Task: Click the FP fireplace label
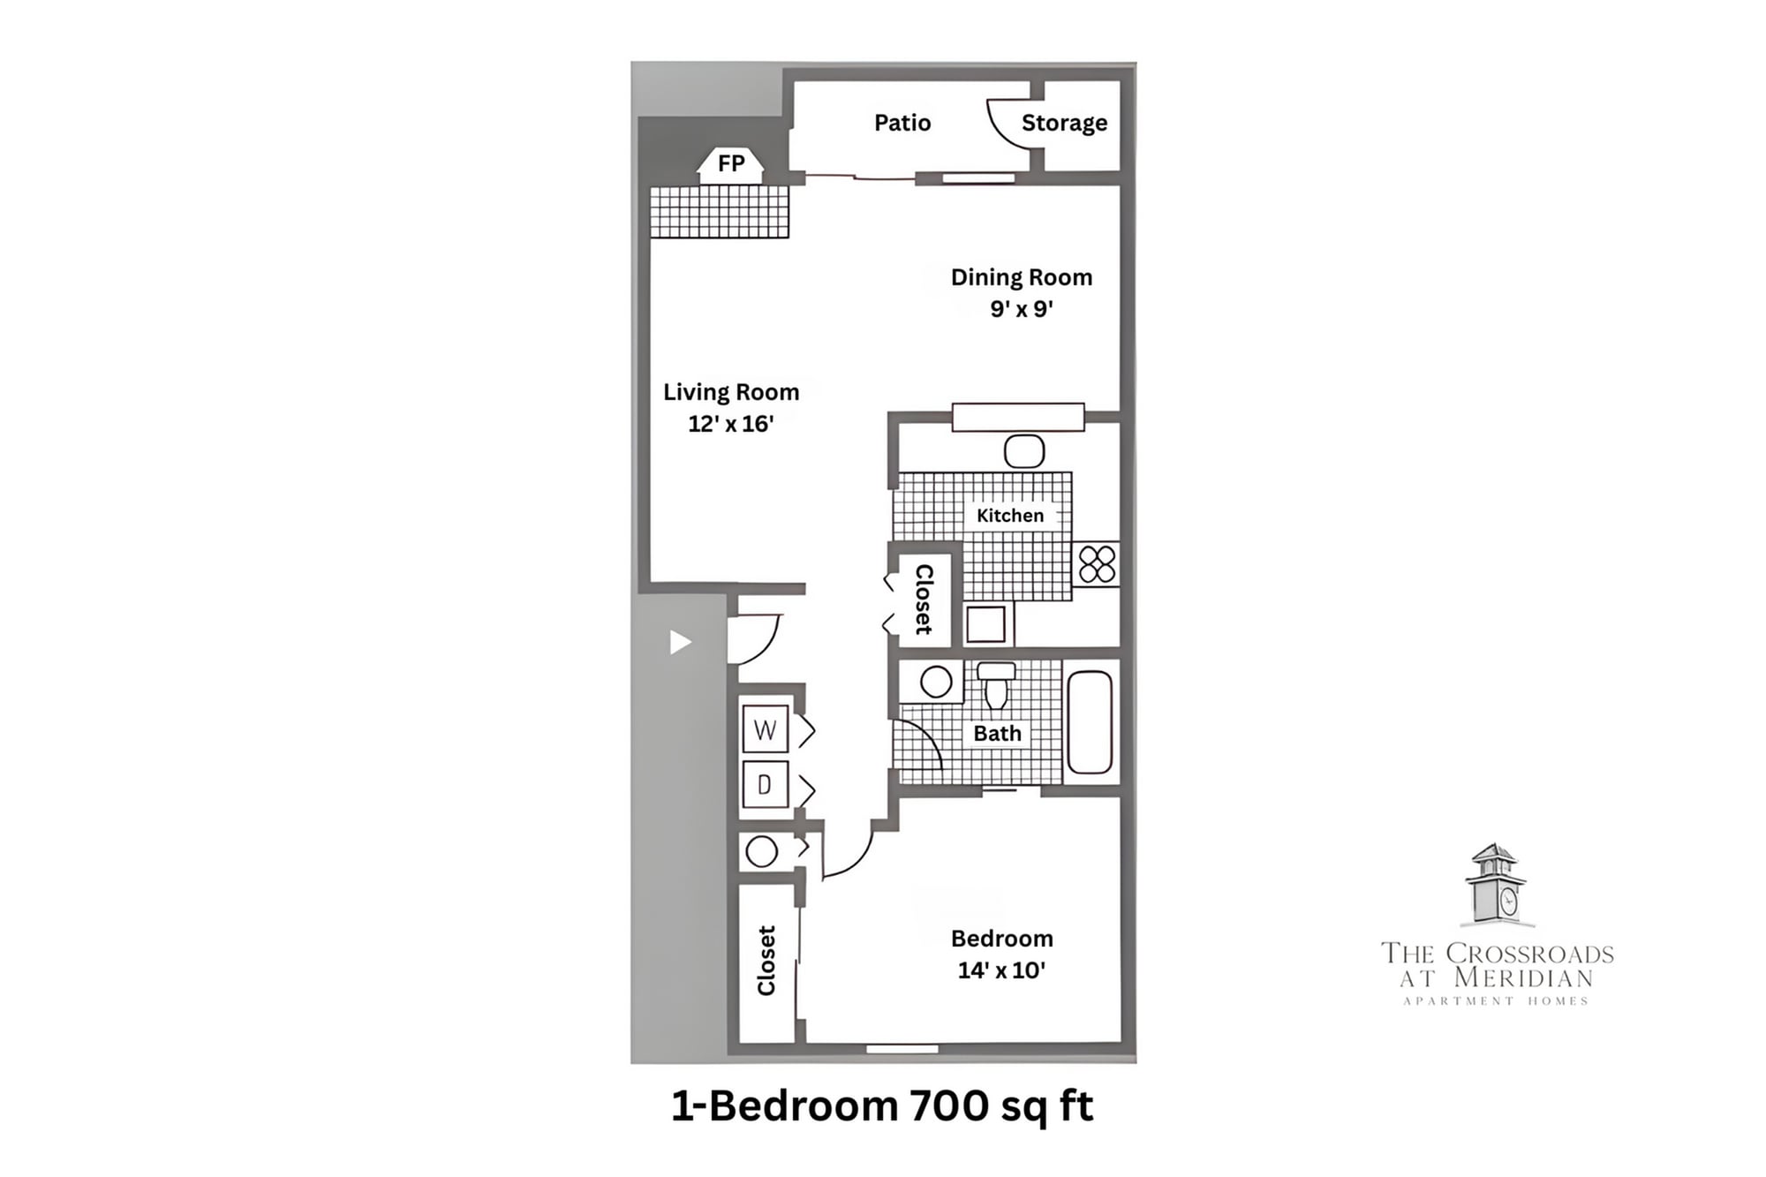[x=730, y=163]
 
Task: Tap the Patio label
[x=902, y=123]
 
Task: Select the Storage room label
[x=1064, y=123]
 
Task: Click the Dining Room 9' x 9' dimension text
[x=1021, y=309]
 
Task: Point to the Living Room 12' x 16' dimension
[x=730, y=424]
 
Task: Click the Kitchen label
[x=1009, y=516]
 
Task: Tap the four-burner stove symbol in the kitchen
[x=1097, y=564]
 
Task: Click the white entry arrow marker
[x=679, y=642]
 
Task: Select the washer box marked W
[x=765, y=729]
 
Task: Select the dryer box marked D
[x=765, y=784]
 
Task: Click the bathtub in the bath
[x=1090, y=722]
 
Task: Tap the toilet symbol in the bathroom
[x=996, y=685]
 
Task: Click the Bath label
[x=997, y=734]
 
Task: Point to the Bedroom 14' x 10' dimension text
[x=1001, y=970]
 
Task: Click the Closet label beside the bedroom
[x=766, y=960]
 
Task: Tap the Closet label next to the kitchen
[x=923, y=599]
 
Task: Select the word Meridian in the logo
[x=1523, y=977]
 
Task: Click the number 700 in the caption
[x=947, y=1105]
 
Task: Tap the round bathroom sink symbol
[x=935, y=682]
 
